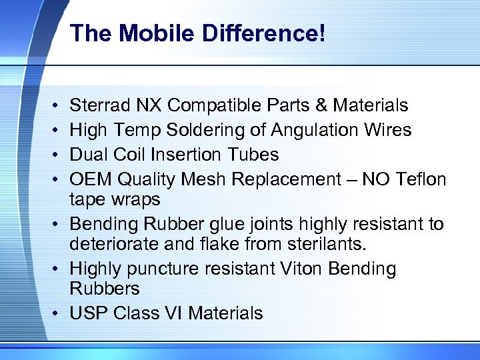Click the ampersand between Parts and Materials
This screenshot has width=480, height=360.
tap(321, 105)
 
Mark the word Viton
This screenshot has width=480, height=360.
tap(297, 269)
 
